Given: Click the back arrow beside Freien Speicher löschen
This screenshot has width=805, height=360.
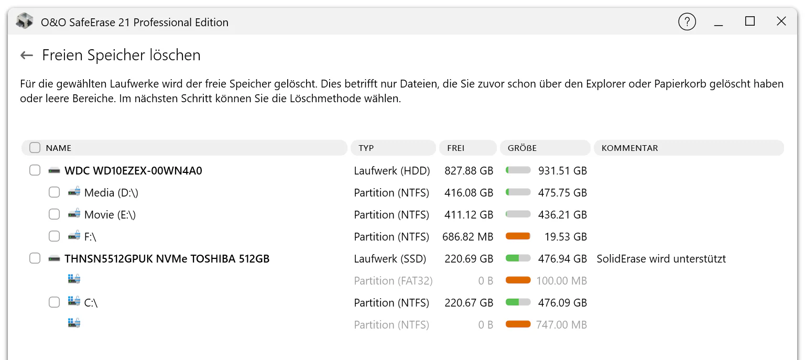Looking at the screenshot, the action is click(x=27, y=56).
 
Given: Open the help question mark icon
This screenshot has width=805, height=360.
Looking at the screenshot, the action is click(x=687, y=21).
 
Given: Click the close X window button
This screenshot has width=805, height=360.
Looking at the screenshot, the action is click(x=781, y=21).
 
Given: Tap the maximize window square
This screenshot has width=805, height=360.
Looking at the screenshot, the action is click(x=749, y=21).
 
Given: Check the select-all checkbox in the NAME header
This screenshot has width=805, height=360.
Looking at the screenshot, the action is click(x=35, y=148).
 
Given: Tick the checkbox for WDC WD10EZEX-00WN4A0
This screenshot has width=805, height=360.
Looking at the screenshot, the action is click(x=35, y=170).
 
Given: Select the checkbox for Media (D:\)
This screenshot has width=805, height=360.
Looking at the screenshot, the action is click(x=55, y=192).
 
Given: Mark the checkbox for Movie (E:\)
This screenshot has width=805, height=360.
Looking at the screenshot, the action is click(x=55, y=214).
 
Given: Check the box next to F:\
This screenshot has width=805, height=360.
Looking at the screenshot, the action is click(x=55, y=236).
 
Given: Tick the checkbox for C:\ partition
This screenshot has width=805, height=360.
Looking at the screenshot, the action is click(x=55, y=302).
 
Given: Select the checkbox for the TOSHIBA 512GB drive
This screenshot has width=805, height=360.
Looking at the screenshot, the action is click(x=35, y=258).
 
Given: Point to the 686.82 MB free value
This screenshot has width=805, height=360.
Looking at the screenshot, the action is click(x=467, y=237).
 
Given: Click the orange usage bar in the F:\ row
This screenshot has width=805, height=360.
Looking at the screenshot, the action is click(x=518, y=236).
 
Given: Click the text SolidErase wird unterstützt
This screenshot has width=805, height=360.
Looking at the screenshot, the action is click(x=661, y=259).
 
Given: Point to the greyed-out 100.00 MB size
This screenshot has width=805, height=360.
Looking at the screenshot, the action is click(x=561, y=280).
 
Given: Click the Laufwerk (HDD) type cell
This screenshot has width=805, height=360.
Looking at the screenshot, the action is click(x=391, y=171).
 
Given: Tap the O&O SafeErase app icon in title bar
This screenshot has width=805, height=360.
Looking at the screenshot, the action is click(x=25, y=21).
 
